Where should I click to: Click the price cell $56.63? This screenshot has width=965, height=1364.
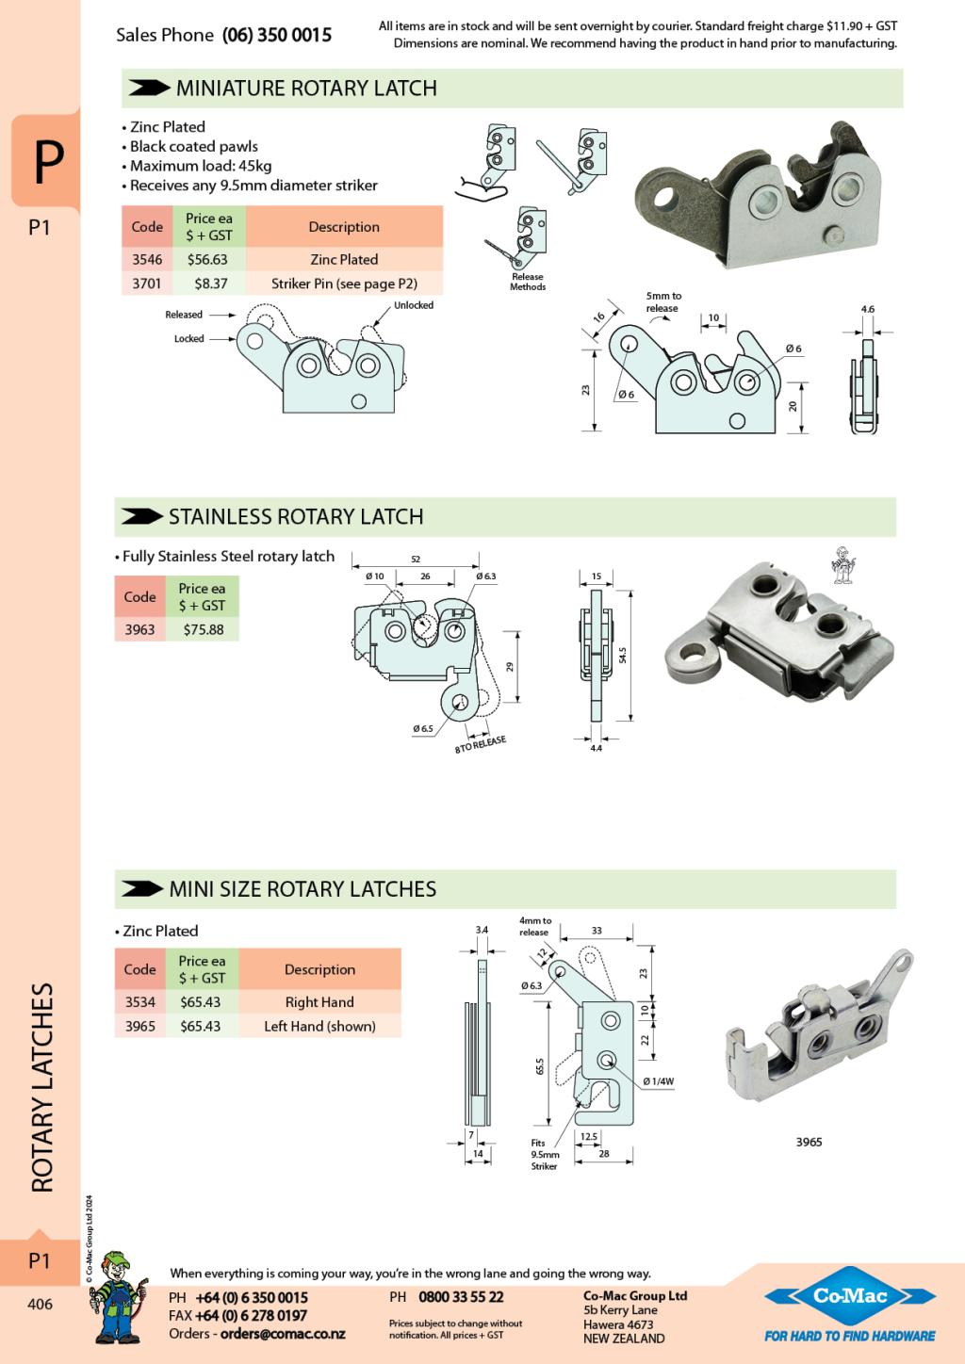click(x=207, y=260)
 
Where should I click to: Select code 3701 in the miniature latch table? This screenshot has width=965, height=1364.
click(x=147, y=284)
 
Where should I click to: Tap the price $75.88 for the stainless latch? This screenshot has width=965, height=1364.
click(x=203, y=629)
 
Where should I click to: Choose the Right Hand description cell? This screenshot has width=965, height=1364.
click(x=319, y=1002)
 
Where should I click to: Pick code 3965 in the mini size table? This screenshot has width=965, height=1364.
click(x=139, y=1026)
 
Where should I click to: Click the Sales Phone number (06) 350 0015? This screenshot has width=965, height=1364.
click(x=277, y=36)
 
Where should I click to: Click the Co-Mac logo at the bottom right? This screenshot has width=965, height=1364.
click(x=850, y=1297)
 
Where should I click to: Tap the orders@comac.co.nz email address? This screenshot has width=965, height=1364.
click(x=283, y=1334)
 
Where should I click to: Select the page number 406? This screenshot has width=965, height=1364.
click(x=40, y=1305)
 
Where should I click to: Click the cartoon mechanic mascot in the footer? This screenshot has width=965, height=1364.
click(x=121, y=1295)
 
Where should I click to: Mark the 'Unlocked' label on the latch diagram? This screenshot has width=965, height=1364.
click(x=414, y=305)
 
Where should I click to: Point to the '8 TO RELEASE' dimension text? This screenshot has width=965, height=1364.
click(x=481, y=744)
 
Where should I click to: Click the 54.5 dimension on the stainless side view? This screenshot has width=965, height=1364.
click(x=623, y=653)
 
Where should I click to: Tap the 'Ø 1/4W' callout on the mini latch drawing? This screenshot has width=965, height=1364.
click(x=659, y=1081)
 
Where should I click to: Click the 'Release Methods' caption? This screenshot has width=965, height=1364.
click(x=528, y=282)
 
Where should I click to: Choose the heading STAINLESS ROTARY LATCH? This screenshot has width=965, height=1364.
click(x=296, y=517)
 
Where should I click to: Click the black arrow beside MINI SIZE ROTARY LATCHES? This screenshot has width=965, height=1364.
click(x=142, y=888)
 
